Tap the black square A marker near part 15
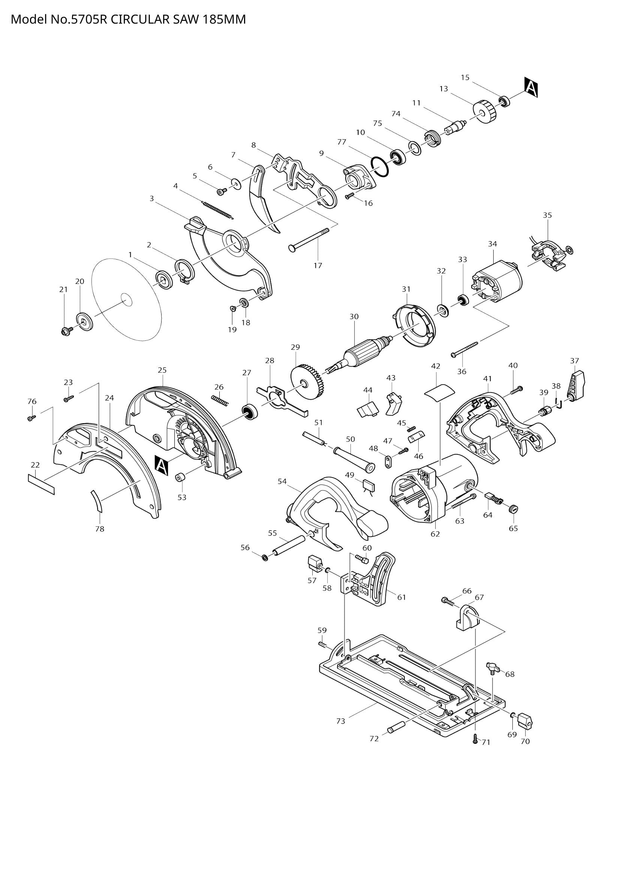point(531,87)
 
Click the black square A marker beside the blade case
point(162,466)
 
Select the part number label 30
point(354,316)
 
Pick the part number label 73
point(340,721)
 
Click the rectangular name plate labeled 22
point(41,484)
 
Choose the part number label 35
point(547,215)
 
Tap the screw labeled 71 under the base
point(475,739)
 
